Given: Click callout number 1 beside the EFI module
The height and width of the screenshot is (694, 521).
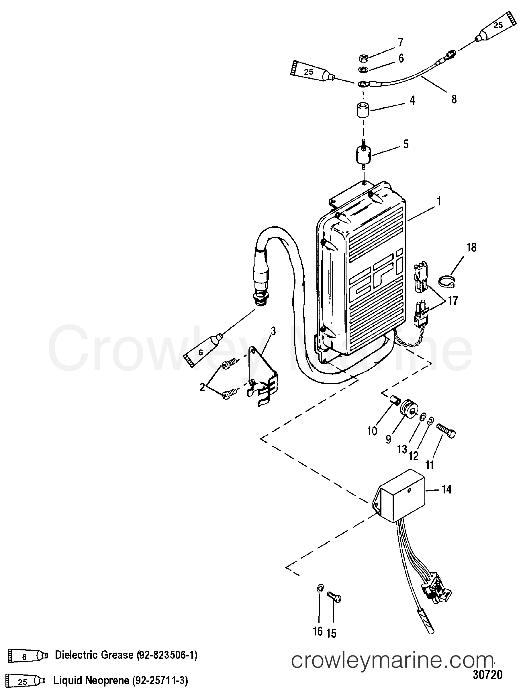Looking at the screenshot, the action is point(439,201).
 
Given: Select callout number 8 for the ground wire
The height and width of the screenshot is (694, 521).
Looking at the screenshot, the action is point(454,99).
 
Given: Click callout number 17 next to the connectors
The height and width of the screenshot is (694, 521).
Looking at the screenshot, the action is point(453,301).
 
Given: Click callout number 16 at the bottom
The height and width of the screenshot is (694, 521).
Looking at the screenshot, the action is point(318,631).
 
